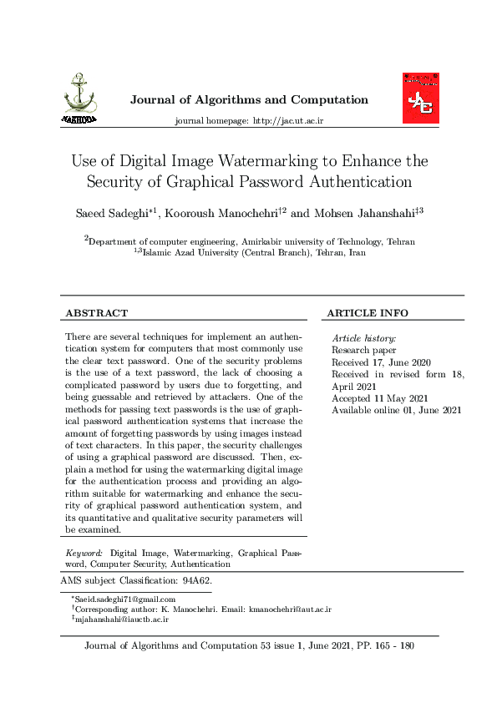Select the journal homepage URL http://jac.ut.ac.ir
pos(287,121)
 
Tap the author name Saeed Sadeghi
pos(112,215)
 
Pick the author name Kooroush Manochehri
pos(221,215)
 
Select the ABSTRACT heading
pos(96,313)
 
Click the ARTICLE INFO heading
pos(367,313)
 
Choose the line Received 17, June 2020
pos(381,362)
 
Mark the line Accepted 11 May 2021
pos(379,398)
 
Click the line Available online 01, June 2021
pos(396,410)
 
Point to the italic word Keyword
pos(84,553)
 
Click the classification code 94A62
pos(196,579)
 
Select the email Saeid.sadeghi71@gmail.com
pos(124,599)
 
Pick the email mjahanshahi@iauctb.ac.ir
pos(122,620)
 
